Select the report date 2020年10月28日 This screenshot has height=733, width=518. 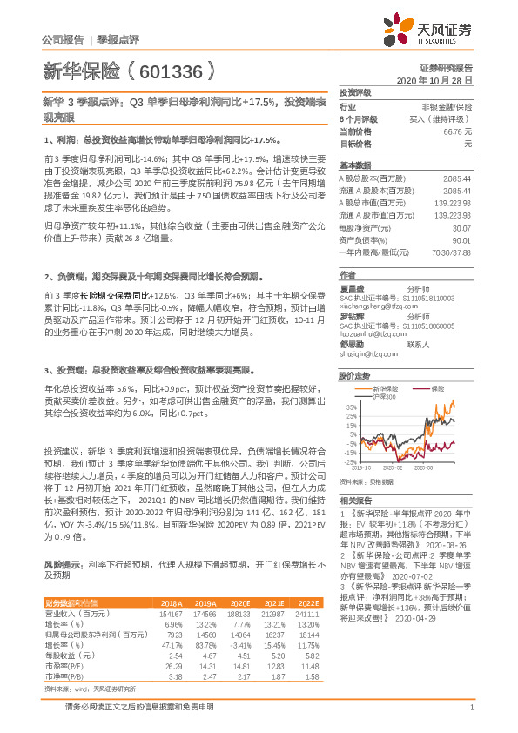pos(434,79)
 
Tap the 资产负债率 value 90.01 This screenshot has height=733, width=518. pos(461,239)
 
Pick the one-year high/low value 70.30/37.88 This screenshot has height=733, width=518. pos(454,251)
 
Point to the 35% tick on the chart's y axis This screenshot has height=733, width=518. pos(350,407)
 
